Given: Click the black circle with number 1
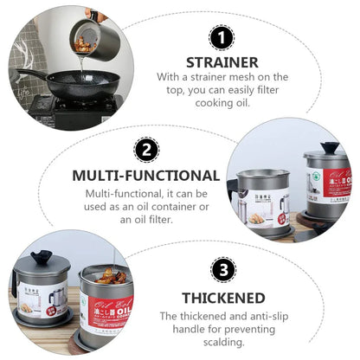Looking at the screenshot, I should (x=222, y=39).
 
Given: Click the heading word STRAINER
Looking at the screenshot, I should (x=222, y=62).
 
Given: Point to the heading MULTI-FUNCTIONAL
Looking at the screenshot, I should (x=145, y=175).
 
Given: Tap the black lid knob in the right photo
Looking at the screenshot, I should (x=330, y=148).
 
